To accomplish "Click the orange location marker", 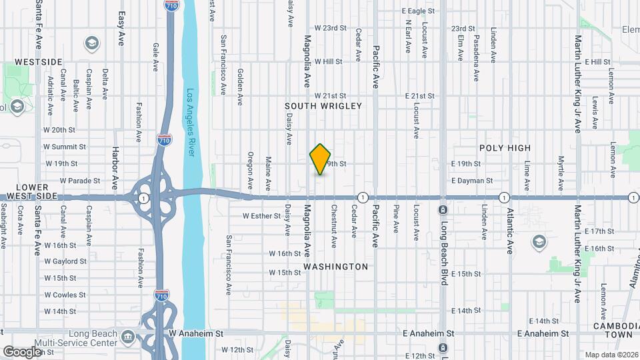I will click(321, 159).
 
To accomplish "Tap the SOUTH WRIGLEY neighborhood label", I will click(323, 106).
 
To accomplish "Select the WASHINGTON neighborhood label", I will click(335, 267).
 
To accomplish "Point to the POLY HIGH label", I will click(505, 148).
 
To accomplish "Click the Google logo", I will click(21, 351).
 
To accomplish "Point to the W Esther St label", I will click(262, 216).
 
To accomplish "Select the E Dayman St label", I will click(471, 181).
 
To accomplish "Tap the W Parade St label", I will click(79, 181).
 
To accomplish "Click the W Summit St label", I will click(65, 147).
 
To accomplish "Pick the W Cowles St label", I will click(65, 295).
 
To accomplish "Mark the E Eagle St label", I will click(419, 11).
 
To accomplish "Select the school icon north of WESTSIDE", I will click(92, 44).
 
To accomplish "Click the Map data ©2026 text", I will click(610, 355).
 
